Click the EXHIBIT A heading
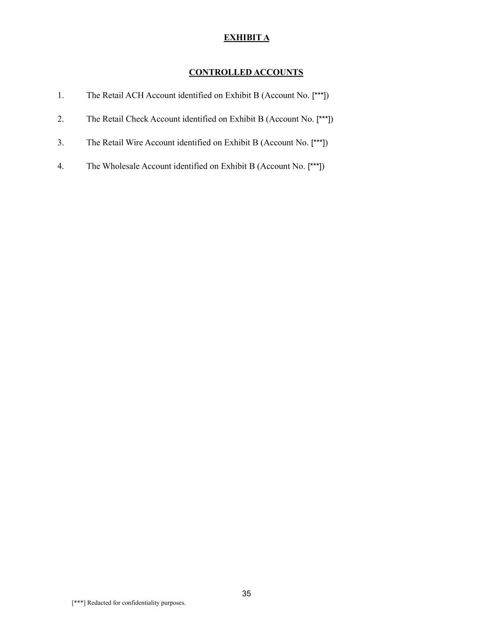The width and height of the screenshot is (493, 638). pyautogui.click(x=246, y=37)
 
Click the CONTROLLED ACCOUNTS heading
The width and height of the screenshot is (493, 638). pyautogui.click(x=246, y=72)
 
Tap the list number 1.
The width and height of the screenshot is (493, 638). pyautogui.click(x=60, y=95)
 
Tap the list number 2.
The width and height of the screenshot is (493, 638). pyautogui.click(x=60, y=119)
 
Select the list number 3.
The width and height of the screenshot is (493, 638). pyautogui.click(x=60, y=143)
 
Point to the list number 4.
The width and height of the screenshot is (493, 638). pyautogui.click(x=60, y=166)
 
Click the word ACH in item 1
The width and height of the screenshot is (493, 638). pyautogui.click(x=135, y=95)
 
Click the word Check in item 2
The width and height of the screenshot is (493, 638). pyautogui.click(x=137, y=119)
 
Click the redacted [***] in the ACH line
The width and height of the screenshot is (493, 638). pyautogui.click(x=319, y=95)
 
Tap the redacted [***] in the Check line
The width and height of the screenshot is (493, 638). pyautogui.click(x=324, y=119)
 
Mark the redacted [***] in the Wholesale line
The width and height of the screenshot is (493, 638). pyautogui.click(x=315, y=166)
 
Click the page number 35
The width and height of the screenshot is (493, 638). pyautogui.click(x=246, y=594)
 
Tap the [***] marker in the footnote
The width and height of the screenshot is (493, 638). pyautogui.click(x=79, y=603)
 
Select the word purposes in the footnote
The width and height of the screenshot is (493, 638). pyautogui.click(x=173, y=603)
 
